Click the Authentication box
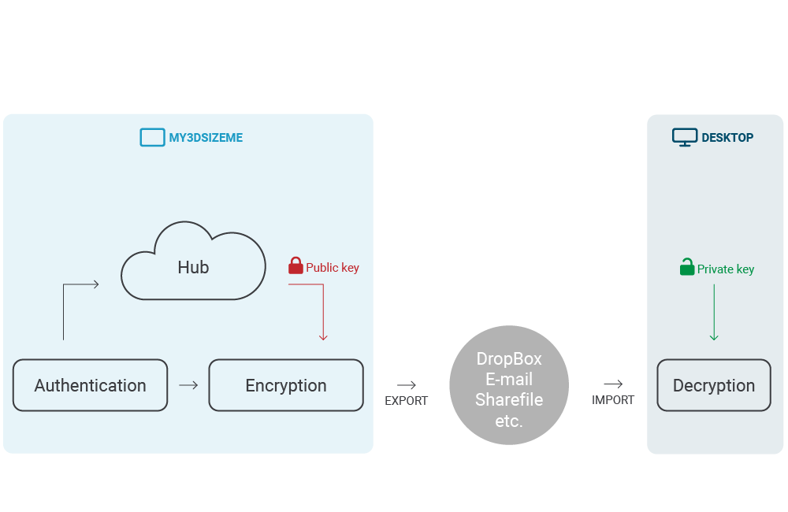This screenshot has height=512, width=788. (x=90, y=385)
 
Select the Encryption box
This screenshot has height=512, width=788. (x=285, y=385)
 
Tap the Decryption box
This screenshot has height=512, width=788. (x=713, y=385)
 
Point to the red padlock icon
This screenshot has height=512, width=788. (x=295, y=266)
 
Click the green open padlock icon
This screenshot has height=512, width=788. (x=687, y=268)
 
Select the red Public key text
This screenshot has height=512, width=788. (x=333, y=268)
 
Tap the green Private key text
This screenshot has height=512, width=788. (x=726, y=269)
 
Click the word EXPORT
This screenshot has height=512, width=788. (x=406, y=401)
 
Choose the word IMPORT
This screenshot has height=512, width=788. (x=613, y=400)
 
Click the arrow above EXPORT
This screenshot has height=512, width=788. (x=407, y=385)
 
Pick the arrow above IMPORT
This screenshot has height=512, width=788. (x=613, y=384)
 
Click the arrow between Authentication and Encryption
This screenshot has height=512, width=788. (x=188, y=385)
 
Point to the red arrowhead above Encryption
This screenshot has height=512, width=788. (x=323, y=336)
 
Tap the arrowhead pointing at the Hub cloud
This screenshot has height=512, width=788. (x=95, y=284)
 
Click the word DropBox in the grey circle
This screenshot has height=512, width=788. (x=509, y=359)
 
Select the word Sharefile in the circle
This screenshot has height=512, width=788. (x=509, y=400)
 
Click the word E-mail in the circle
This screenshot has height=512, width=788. (x=509, y=380)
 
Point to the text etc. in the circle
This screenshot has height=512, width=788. (x=509, y=421)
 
